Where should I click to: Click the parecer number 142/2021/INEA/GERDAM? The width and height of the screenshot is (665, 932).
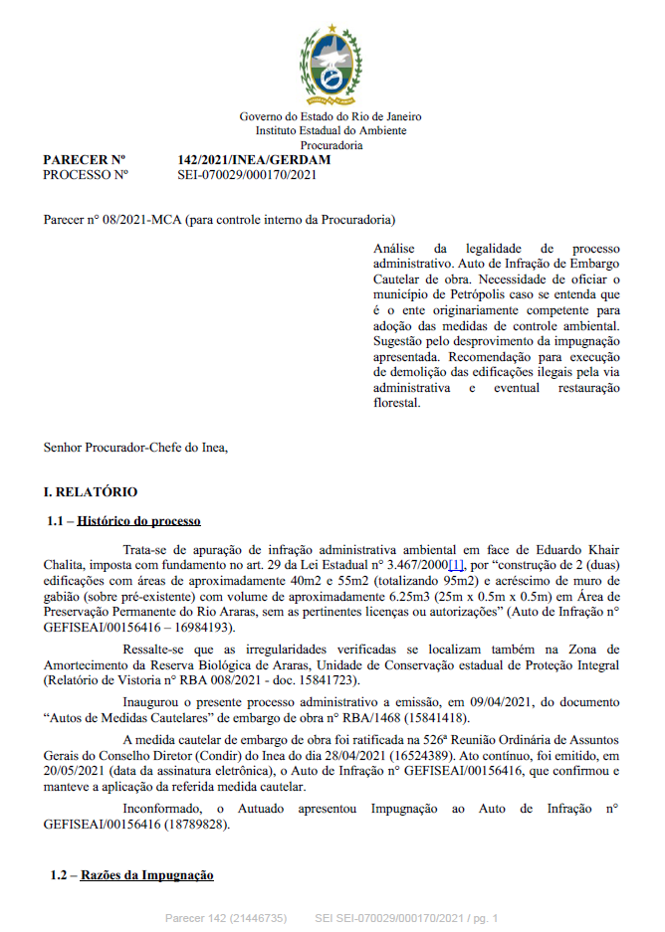tap(253, 160)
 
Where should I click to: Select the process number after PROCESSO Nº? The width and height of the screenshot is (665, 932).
tap(246, 174)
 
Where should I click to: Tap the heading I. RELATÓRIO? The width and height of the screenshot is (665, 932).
tap(91, 491)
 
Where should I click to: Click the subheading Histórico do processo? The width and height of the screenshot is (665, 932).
tap(138, 520)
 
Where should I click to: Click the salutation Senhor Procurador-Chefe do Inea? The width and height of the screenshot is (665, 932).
tap(135, 447)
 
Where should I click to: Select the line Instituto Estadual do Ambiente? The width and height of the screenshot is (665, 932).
tap(332, 130)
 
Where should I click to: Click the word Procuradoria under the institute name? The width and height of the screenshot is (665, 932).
tap(332, 144)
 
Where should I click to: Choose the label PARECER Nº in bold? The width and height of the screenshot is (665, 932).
tap(85, 160)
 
